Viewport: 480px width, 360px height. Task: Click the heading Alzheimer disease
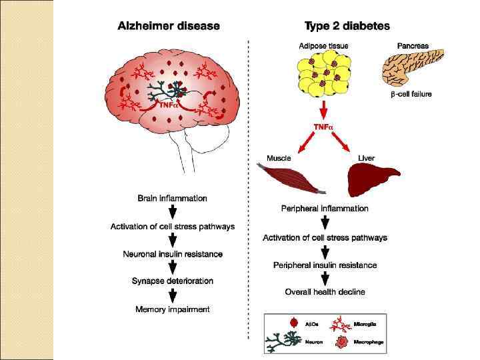[169, 26]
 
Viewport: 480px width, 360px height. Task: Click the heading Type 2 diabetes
[347, 26]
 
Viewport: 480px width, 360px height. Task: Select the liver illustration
[371, 179]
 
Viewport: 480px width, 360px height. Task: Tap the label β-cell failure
[411, 95]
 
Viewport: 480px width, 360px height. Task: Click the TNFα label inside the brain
[167, 105]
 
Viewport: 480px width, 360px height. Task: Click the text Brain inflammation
[172, 198]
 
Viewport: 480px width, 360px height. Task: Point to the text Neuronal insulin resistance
[173, 254]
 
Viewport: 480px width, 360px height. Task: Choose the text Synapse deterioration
[173, 281]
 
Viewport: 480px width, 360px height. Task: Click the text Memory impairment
[173, 309]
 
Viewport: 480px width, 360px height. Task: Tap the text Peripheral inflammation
[325, 209]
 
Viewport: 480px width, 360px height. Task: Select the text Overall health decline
[325, 292]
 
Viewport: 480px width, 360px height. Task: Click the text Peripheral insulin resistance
[325, 265]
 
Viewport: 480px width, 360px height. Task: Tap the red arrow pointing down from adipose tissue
[323, 109]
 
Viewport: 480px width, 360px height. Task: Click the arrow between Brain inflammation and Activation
[173, 212]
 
